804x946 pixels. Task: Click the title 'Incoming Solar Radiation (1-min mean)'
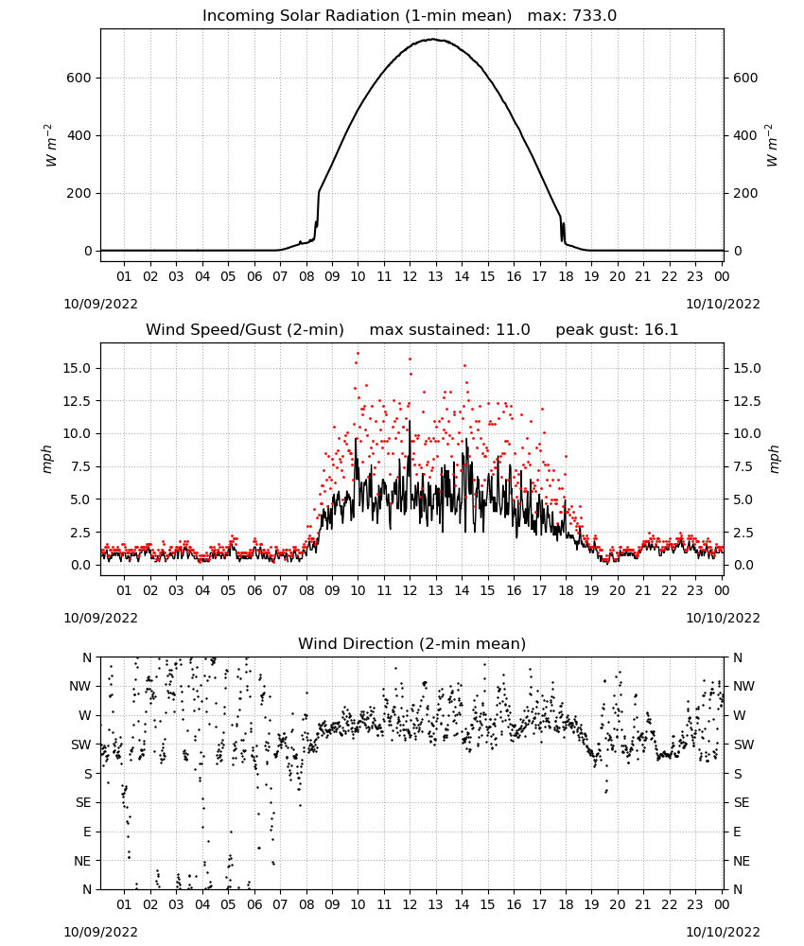(357, 16)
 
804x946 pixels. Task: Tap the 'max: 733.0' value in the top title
(572, 16)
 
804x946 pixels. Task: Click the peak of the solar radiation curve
(432, 39)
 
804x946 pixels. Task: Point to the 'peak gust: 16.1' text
(617, 330)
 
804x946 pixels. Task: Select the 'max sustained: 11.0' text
(450, 330)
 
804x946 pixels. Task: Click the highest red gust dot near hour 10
(358, 354)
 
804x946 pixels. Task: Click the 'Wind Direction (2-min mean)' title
(412, 643)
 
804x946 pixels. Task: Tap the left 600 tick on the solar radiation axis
(79, 78)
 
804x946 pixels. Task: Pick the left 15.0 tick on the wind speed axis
(78, 368)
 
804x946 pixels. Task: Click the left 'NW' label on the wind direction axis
(80, 687)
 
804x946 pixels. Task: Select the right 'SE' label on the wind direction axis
(742, 803)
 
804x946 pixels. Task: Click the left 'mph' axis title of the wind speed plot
(47, 459)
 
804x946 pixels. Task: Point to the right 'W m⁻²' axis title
(772, 146)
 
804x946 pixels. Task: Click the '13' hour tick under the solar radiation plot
(435, 277)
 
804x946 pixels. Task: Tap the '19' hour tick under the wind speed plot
(591, 590)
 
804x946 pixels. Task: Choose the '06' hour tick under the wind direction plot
(253, 905)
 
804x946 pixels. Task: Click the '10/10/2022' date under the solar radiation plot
(723, 304)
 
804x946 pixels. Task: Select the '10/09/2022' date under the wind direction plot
(100, 932)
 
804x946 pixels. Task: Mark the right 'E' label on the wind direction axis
(737, 832)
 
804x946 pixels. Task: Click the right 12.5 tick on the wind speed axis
(747, 401)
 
